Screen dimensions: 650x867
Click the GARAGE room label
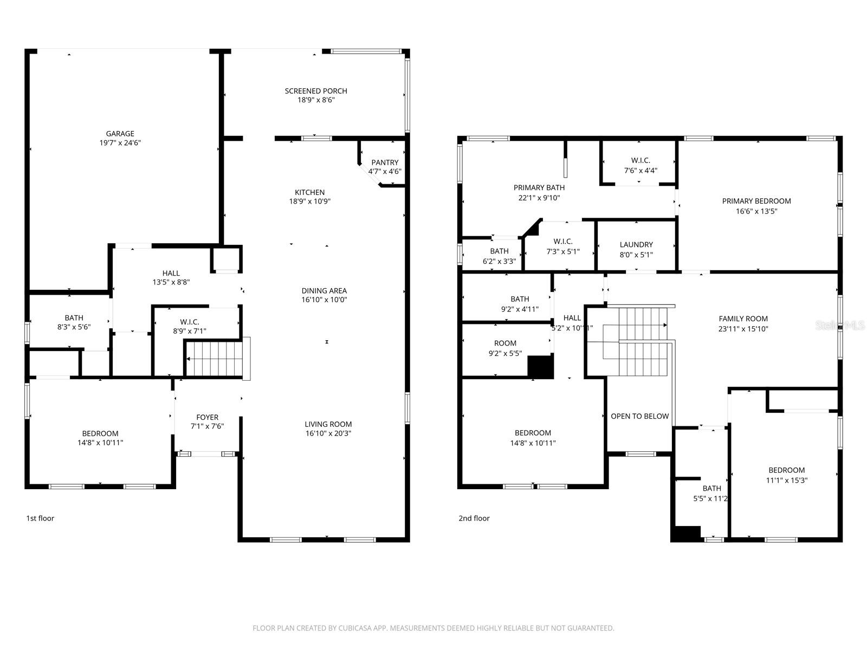(120, 134)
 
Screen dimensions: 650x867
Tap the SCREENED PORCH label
(316, 91)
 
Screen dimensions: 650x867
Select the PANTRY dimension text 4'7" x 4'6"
(385, 172)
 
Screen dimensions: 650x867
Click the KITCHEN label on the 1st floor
(309, 192)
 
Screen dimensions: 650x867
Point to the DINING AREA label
(324, 290)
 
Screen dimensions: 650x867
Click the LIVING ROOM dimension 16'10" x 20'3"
(328, 433)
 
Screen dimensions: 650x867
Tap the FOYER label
(207, 417)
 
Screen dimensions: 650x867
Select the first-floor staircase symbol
(213, 358)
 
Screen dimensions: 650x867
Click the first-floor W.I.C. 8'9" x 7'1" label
(190, 326)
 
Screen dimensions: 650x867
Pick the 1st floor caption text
(40, 518)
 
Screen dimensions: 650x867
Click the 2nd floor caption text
(474, 518)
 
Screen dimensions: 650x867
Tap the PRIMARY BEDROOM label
(756, 201)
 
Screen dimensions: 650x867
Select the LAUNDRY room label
(636, 245)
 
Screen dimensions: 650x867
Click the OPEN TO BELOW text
(639, 416)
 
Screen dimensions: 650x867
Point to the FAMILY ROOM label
(743, 319)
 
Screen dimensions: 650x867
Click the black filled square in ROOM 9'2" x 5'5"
(540, 367)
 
